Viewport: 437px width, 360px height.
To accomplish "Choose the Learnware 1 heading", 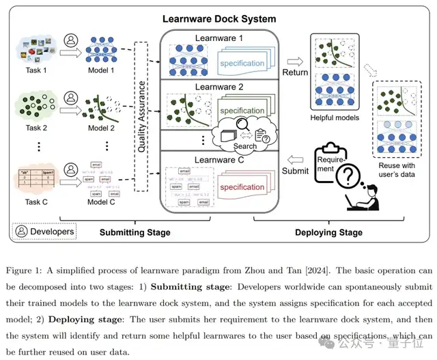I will [218, 38].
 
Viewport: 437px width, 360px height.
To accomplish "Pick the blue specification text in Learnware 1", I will [242, 64].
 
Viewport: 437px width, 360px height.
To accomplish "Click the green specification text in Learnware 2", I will [242, 111].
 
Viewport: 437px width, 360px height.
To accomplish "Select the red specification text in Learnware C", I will [242, 187].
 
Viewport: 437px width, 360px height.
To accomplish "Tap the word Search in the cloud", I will [245, 146].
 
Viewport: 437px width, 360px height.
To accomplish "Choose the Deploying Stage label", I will [329, 232].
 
